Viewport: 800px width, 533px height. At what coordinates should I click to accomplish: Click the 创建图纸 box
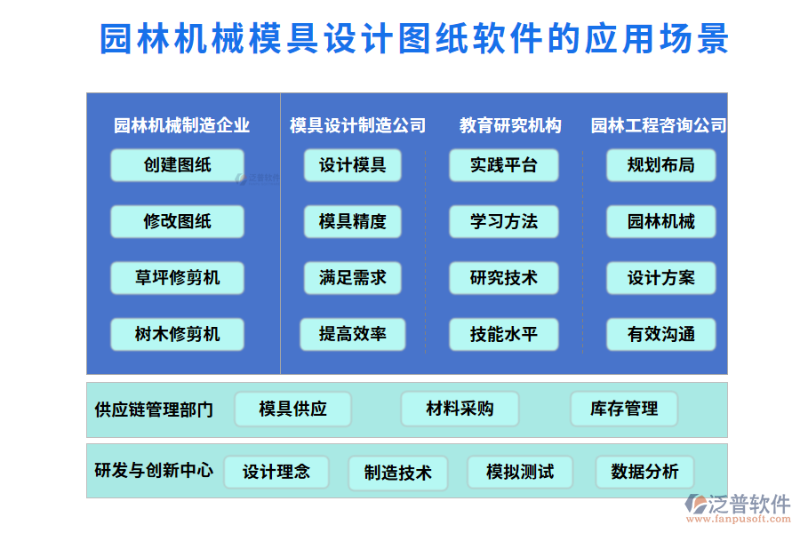pyautogui.click(x=177, y=165)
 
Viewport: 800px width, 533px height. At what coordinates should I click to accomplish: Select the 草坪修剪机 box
pyautogui.click(x=177, y=277)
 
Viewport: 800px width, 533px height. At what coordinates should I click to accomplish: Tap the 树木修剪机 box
pyautogui.click(x=177, y=334)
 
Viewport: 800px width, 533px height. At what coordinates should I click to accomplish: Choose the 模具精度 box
pyautogui.click(x=352, y=221)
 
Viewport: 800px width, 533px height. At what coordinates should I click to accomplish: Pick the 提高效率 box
pyautogui.click(x=352, y=334)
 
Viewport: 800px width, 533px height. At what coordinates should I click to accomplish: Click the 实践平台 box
pyautogui.click(x=503, y=165)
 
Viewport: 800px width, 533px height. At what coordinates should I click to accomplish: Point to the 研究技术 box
pyautogui.click(x=503, y=277)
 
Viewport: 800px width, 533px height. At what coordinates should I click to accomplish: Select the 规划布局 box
pyautogui.click(x=660, y=165)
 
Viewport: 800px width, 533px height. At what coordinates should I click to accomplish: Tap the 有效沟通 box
pyautogui.click(x=660, y=334)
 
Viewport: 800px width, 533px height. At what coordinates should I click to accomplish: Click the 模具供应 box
pyautogui.click(x=292, y=409)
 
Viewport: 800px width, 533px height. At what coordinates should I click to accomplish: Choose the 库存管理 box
pyautogui.click(x=623, y=409)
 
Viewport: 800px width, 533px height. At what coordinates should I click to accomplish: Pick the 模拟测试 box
pyautogui.click(x=520, y=472)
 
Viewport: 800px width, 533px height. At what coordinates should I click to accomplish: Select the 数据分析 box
pyautogui.click(x=644, y=472)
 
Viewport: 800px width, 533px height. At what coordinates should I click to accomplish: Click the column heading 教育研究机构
pyautogui.click(x=510, y=126)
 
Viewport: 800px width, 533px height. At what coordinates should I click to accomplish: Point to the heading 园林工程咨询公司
pyautogui.click(x=659, y=126)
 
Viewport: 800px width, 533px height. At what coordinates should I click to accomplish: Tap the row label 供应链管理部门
pyautogui.click(x=154, y=410)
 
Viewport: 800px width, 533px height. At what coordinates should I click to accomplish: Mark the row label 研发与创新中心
pyautogui.click(x=154, y=471)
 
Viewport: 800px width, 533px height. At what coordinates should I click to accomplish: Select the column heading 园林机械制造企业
pyautogui.click(x=181, y=126)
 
